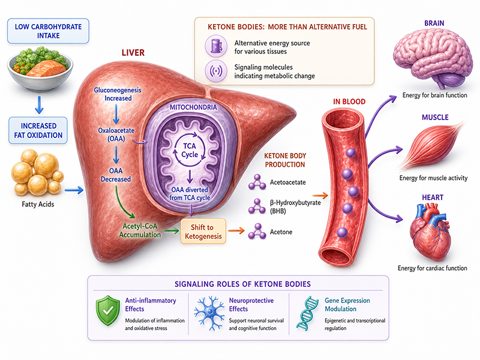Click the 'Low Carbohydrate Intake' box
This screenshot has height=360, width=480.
[x=48, y=31]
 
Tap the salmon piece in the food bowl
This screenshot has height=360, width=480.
[x=47, y=68]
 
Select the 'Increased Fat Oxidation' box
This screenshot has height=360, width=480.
[x=38, y=130]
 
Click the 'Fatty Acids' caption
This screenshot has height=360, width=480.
[x=38, y=204]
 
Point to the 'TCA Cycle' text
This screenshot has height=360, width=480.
[x=190, y=151]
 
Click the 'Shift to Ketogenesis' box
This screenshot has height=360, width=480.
[x=203, y=232]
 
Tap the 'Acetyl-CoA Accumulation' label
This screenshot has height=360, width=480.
[x=140, y=230]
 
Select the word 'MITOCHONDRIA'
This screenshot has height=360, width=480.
[x=193, y=107]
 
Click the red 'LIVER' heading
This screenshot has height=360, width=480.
[x=133, y=53]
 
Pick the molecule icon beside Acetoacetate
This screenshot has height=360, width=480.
[x=257, y=182]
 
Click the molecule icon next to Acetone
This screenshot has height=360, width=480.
[x=257, y=232]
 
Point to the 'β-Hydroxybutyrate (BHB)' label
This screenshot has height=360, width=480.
[x=295, y=206]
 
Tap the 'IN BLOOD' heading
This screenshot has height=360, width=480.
[x=349, y=101]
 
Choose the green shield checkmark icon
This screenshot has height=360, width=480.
[x=107, y=310]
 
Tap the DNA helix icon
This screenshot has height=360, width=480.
[x=307, y=313]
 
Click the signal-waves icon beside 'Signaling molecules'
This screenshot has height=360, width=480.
[x=216, y=71]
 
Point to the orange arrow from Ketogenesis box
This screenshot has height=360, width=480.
[x=236, y=230]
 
